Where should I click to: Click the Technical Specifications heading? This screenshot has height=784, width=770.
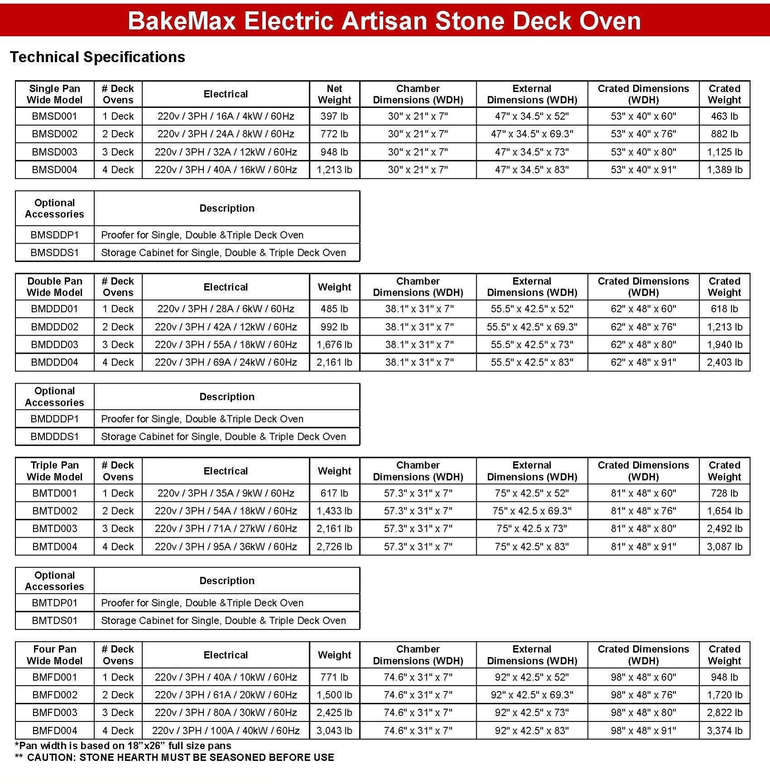coord(97,57)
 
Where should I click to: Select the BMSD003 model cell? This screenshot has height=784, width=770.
coord(54,152)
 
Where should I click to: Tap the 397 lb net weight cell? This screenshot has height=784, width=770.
coord(334,116)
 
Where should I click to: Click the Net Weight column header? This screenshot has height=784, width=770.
coord(334,94)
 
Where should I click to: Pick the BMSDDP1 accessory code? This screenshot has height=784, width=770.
coord(54,235)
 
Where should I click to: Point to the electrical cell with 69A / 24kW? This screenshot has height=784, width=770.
coord(226,362)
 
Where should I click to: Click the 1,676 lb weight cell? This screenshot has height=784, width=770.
coord(334,345)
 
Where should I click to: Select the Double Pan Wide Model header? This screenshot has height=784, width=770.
coord(54,287)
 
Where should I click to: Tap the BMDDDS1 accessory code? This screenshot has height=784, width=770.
coord(54,437)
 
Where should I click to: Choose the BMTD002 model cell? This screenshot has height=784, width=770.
coord(54,511)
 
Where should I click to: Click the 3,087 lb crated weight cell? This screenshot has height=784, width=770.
coord(724,547)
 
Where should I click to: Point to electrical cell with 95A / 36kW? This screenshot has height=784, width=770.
coord(226,547)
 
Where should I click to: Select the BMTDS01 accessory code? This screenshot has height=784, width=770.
coord(54,620)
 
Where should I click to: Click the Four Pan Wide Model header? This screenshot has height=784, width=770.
coord(54,655)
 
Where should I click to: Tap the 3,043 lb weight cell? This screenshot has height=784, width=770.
coord(334,730)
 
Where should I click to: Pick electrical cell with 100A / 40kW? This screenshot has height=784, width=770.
coord(226,730)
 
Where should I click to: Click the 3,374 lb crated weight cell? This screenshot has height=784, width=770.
coord(724,730)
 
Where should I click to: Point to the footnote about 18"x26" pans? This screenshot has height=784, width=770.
coord(123,745)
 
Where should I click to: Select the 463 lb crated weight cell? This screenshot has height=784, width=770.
coord(724,116)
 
